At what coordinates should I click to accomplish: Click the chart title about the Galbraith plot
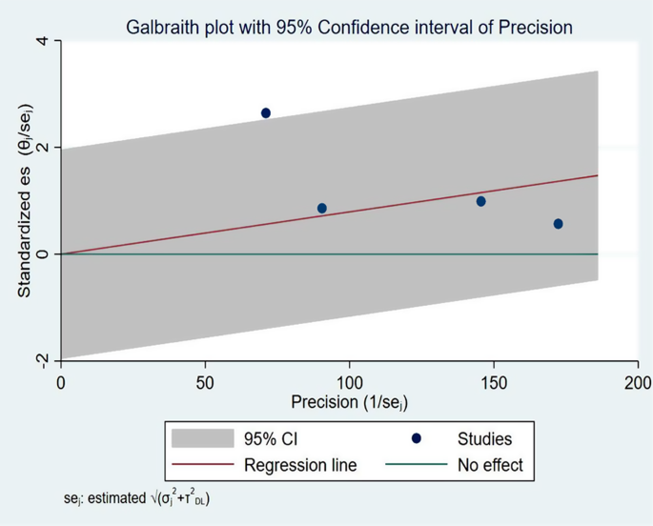(349, 27)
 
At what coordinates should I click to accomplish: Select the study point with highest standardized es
(266, 113)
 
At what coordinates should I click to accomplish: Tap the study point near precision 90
(322, 209)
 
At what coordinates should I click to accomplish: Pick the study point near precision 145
(481, 201)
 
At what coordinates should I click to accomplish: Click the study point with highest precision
(558, 224)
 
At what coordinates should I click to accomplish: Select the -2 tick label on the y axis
(43, 359)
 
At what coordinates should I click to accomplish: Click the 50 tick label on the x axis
(205, 381)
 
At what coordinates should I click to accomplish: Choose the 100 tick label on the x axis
(349, 381)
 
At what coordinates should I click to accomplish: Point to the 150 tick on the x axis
(494, 381)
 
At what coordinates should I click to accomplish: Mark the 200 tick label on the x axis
(638, 381)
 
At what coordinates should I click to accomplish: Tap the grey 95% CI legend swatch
(202, 438)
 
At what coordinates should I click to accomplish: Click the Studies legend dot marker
(418, 438)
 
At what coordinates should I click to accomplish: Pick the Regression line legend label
(300, 466)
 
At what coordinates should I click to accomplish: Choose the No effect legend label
(490, 466)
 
